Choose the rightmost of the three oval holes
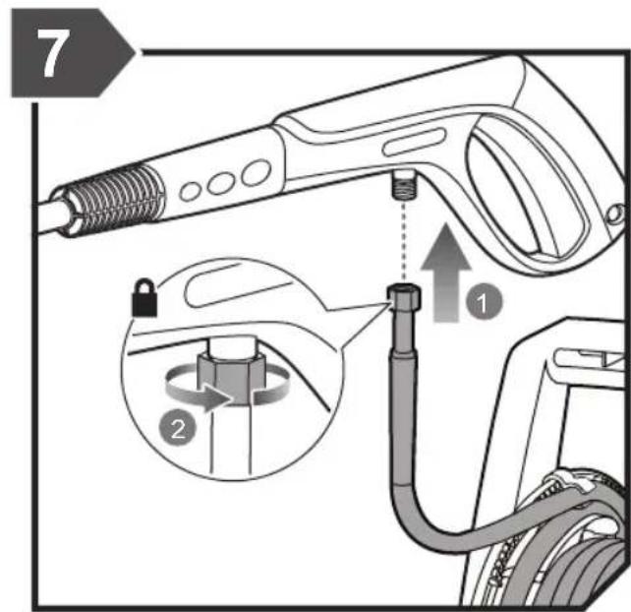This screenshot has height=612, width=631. (257, 173)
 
